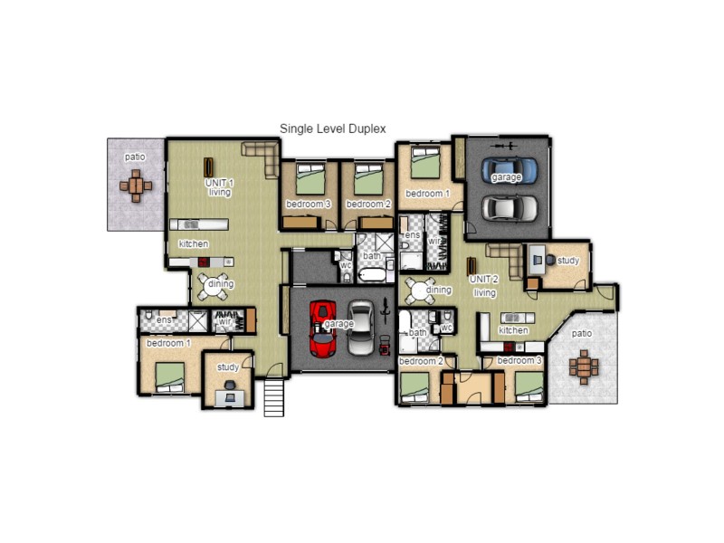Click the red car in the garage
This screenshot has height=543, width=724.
pyautogui.click(x=322, y=328)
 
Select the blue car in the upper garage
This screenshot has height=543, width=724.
pyautogui.click(x=508, y=169)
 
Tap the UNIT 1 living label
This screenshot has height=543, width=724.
pyautogui.click(x=219, y=187)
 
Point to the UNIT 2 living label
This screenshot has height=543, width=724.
pyautogui.click(x=484, y=286)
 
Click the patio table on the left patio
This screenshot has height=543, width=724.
pyautogui.click(x=136, y=186)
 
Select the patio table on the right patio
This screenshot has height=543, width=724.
pyautogui.click(x=584, y=367)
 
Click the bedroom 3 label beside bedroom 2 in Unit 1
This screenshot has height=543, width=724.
pyautogui.click(x=308, y=205)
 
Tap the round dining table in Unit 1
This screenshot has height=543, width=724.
pyautogui.click(x=217, y=285)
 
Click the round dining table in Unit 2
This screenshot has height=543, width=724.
pyautogui.click(x=420, y=291)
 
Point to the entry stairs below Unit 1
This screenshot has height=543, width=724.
pyautogui.click(x=274, y=397)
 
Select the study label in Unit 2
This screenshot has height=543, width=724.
pyautogui.click(x=567, y=261)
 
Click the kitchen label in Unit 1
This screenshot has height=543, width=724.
pyautogui.click(x=194, y=244)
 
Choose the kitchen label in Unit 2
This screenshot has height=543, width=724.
pyautogui.click(x=513, y=330)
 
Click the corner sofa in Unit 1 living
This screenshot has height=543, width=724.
pyautogui.click(x=263, y=158)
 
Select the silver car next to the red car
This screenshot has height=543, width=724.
pyautogui.click(x=362, y=328)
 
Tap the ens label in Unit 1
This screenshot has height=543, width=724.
pyautogui.click(x=165, y=319)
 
